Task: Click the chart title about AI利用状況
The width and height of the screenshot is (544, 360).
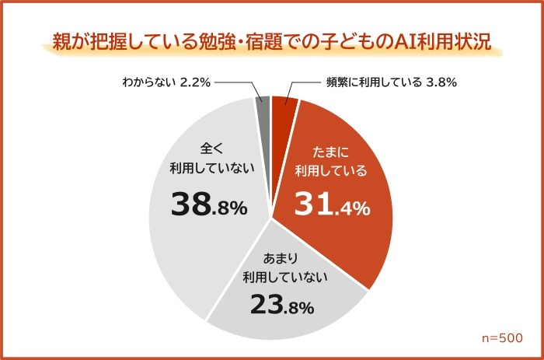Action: click(x=271, y=42)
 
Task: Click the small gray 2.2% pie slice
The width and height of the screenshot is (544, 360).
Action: click(x=263, y=109)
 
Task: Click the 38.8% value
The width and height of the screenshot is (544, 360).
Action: click(x=208, y=205)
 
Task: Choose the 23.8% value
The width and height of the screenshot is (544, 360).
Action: click(x=281, y=305)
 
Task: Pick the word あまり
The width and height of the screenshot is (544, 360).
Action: click(x=282, y=256)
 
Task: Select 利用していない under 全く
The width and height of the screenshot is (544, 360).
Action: click(x=208, y=166)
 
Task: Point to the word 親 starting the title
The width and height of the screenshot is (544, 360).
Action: click(x=61, y=42)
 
